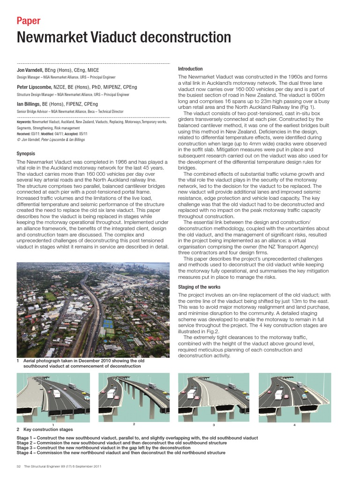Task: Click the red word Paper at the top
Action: pyautogui.click(x=29, y=21)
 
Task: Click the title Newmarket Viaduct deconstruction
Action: pyautogui.click(x=124, y=37)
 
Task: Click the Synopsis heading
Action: pyautogui.click(x=26, y=154)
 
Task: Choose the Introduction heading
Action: pyautogui.click(x=190, y=69)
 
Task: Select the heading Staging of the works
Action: pyautogui.click(x=199, y=287)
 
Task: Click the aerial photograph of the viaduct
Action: pyautogui.click(x=93, y=309)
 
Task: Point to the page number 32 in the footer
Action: pyautogui.click(x=19, y=466)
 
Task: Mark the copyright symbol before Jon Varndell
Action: pyautogui.click(x=18, y=139)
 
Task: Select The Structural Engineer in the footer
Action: pyautogui.click(x=42, y=466)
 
